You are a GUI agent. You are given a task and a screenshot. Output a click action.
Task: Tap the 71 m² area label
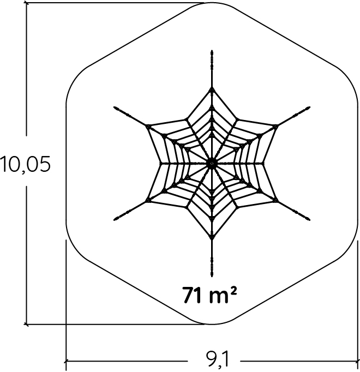click(x=209, y=295)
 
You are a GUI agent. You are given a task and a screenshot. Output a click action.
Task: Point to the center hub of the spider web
click(x=212, y=163)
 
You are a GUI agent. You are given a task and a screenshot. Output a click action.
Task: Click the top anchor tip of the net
click(x=212, y=51)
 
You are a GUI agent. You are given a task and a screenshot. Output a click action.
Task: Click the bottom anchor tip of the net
click(x=212, y=276)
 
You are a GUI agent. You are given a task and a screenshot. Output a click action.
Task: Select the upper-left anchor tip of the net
click(x=115, y=107)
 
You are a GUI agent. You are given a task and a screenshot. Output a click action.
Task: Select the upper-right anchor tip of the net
click(x=309, y=107)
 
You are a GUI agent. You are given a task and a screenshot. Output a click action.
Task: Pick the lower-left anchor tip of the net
click(x=115, y=219)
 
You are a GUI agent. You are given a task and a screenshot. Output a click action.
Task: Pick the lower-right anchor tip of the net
click(x=309, y=219)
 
